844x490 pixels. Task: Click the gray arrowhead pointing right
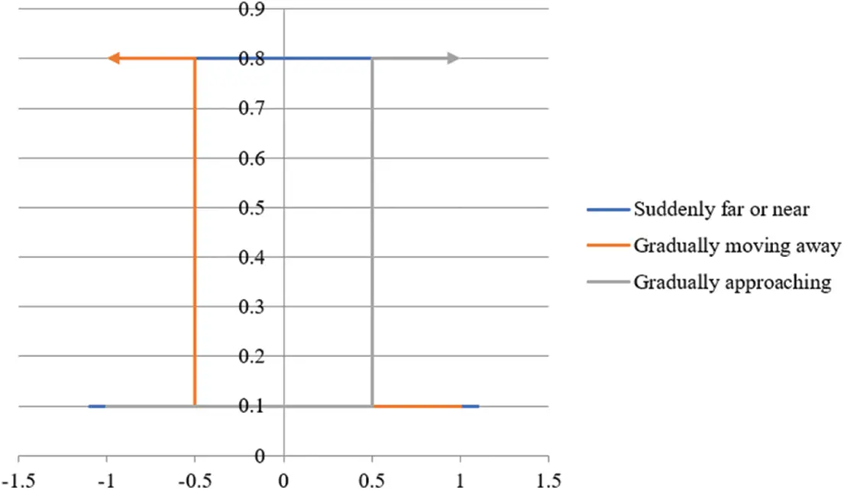tap(453, 58)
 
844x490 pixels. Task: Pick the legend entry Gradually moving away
tap(736, 246)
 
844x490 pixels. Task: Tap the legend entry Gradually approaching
tap(732, 282)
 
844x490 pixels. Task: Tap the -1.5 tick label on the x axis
tap(18, 481)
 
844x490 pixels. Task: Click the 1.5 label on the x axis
tap(548, 481)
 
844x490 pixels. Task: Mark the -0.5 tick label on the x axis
tap(195, 481)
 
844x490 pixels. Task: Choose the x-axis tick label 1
tap(460, 481)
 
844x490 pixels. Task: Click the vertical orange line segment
tap(196, 229)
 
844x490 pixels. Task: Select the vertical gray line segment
tap(372, 229)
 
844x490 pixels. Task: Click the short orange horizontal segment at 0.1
tap(416, 406)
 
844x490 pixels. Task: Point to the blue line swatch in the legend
tap(608, 209)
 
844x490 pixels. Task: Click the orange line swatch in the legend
tap(608, 246)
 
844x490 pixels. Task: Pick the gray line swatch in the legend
tap(608, 282)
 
